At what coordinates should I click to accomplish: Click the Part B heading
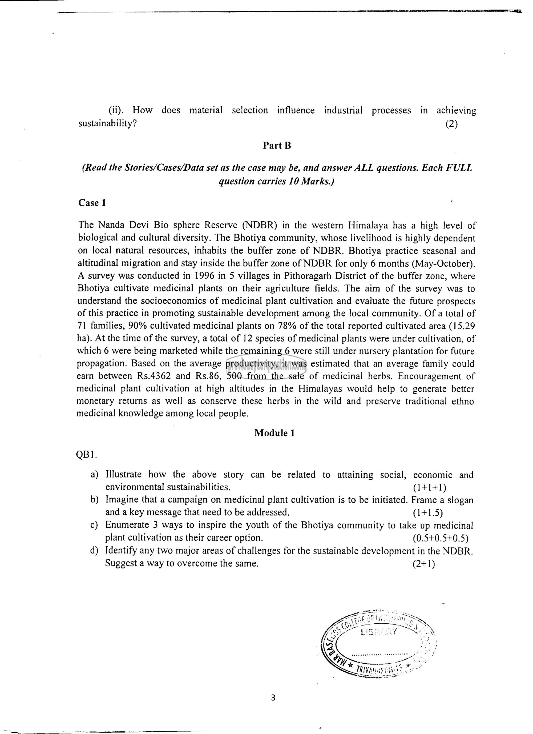(x=277, y=146)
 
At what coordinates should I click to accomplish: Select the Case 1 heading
(x=92, y=203)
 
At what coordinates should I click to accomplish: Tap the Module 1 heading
(x=274, y=433)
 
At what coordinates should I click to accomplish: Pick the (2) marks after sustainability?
(x=451, y=124)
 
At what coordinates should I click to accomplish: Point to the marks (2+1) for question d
(x=424, y=563)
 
